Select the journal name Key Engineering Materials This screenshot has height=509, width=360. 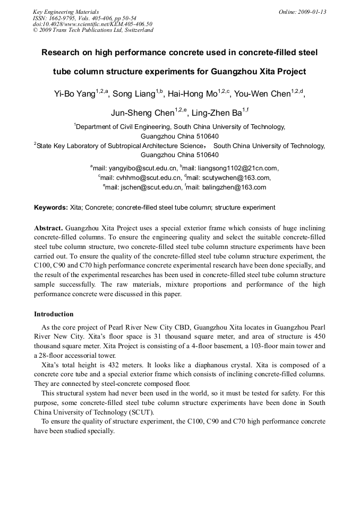pyautogui.click(x=65, y=12)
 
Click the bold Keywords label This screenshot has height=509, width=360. pyautogui.click(x=51, y=207)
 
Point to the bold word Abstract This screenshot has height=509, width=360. pyautogui.click(x=49, y=227)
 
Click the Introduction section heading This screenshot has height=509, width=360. pyautogui.click(x=54, y=314)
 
